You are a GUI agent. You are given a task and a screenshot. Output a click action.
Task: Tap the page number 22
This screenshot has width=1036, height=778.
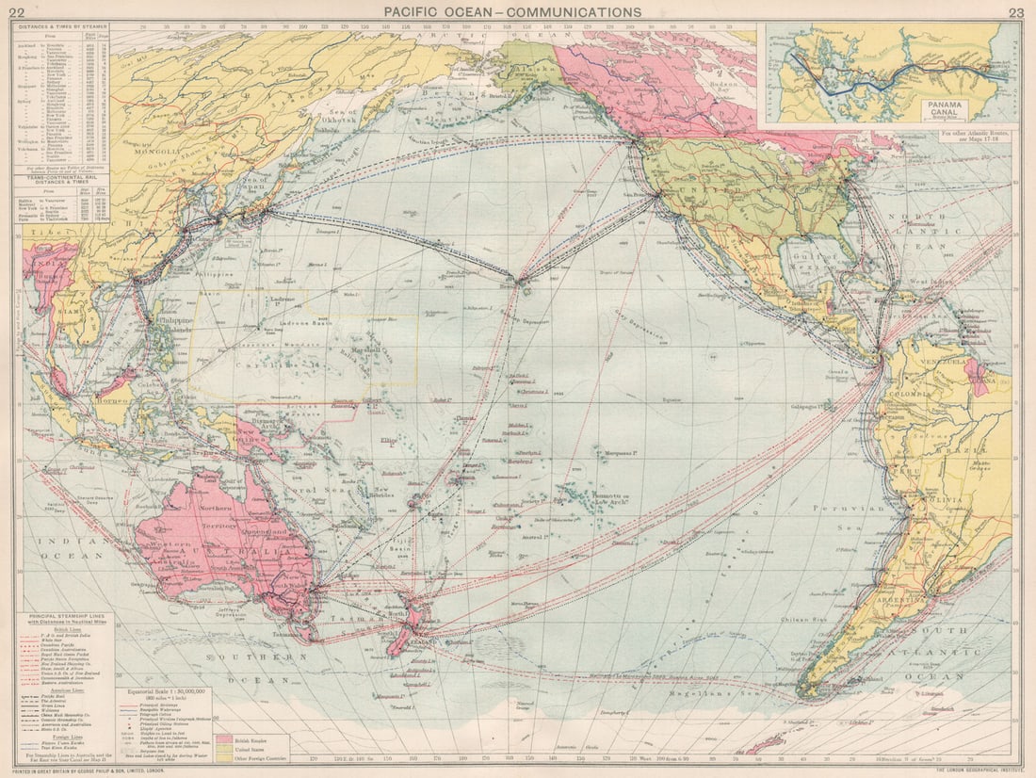[x=16, y=12]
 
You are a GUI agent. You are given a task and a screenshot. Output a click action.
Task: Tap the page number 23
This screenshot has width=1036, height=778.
[x=1015, y=12]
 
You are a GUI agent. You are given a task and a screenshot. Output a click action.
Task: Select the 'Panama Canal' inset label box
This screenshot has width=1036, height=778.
[x=950, y=106]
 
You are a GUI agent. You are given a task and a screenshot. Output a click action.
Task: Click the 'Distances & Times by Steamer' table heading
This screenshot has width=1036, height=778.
[x=61, y=25]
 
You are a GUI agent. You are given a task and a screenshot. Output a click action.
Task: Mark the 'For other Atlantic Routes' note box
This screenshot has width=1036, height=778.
[x=976, y=138]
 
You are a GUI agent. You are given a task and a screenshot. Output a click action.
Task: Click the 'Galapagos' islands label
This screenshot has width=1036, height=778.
[x=816, y=407]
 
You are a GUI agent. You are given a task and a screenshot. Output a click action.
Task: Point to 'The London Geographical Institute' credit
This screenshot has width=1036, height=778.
[x=970, y=770]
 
